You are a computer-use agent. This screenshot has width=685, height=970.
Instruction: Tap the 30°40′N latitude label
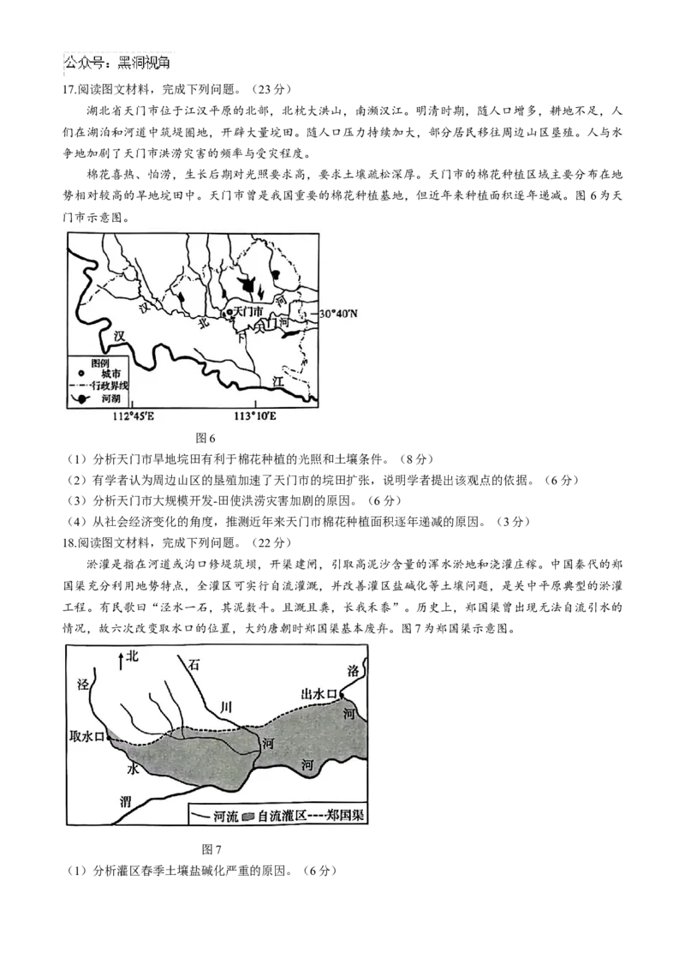[338, 314]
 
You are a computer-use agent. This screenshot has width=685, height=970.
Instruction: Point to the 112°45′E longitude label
[134, 416]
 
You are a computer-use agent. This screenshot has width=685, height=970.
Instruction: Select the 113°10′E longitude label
[254, 416]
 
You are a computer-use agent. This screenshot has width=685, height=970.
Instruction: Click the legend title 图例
[99, 362]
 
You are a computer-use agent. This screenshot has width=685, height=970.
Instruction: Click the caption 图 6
[205, 438]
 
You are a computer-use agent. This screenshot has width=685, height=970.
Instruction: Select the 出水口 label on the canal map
[319, 693]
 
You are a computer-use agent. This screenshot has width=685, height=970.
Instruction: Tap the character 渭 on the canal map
[126, 801]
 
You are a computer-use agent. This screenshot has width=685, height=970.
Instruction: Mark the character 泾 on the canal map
[83, 684]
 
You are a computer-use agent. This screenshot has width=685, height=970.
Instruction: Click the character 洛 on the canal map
[353, 671]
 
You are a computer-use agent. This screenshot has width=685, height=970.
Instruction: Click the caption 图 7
[211, 848]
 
